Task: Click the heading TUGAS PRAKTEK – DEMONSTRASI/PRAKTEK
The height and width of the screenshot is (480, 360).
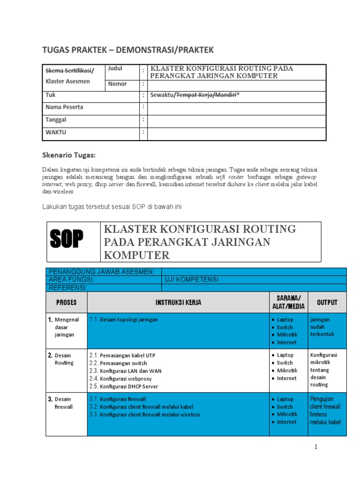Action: (128, 50)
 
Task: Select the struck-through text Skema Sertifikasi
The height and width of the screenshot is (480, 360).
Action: (68, 71)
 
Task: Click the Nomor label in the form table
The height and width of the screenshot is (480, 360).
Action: (118, 84)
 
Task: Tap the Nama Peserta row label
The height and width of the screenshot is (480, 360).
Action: (64, 107)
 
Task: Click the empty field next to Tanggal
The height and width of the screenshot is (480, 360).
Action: (236, 121)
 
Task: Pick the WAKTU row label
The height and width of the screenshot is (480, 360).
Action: (56, 133)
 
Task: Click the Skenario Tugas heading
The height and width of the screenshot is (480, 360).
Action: (69, 155)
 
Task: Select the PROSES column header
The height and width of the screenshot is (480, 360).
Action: (66, 303)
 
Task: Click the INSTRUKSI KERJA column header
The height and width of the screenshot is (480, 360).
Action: (179, 303)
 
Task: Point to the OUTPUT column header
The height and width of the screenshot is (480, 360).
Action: (327, 303)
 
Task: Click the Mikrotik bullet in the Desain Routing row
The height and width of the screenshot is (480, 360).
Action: (286, 371)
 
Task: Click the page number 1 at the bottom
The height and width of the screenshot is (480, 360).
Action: (316, 447)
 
